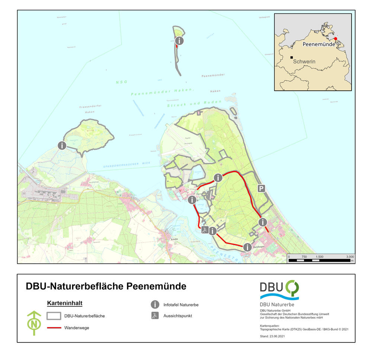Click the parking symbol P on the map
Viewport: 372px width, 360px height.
pyautogui.click(x=262, y=189)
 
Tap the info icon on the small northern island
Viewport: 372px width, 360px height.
pyautogui.click(x=179, y=41)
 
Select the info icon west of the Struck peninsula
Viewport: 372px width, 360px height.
pyautogui.click(x=62, y=145)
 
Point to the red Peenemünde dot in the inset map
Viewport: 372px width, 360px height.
pyautogui.click(x=335, y=39)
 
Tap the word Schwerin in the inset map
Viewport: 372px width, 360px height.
pyautogui.click(x=304, y=61)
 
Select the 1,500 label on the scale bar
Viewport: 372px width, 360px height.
pyautogui.click(x=319, y=257)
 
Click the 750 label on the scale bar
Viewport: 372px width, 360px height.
pyautogui.click(x=304, y=257)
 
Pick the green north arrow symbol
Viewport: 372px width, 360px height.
pyautogui.click(x=34, y=323)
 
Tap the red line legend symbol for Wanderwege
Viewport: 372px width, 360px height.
pyautogui.click(x=54, y=328)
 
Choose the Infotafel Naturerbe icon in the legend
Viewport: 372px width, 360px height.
pyautogui.click(x=155, y=305)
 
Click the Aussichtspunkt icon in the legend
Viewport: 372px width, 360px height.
pyautogui.click(x=155, y=316)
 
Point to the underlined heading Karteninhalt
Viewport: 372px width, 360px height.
pyautogui.click(x=64, y=303)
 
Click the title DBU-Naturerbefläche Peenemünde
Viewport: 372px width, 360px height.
pyautogui.click(x=106, y=286)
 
